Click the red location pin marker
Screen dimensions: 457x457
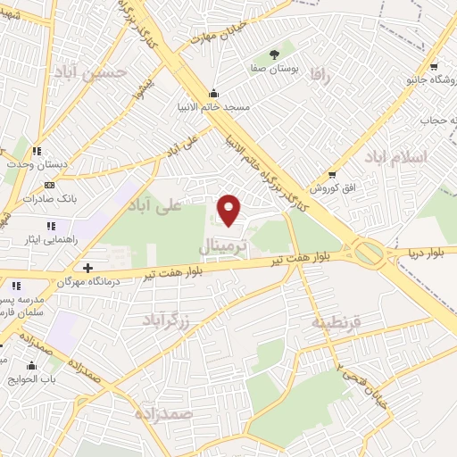pos(229,210)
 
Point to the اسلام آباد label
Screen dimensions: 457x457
pos(395,158)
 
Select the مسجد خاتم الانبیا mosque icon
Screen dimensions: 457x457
pos(213,94)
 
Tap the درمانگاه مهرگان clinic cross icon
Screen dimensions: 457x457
pos(87,268)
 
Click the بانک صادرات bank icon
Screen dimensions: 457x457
pos(49,185)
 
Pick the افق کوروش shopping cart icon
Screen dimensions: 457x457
pos(332,174)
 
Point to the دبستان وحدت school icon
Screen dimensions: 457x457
pos(37,152)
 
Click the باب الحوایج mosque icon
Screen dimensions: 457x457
pos(31,365)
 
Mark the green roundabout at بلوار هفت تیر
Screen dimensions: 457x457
pos(368,253)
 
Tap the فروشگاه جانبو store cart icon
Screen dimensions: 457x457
pos(433,67)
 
